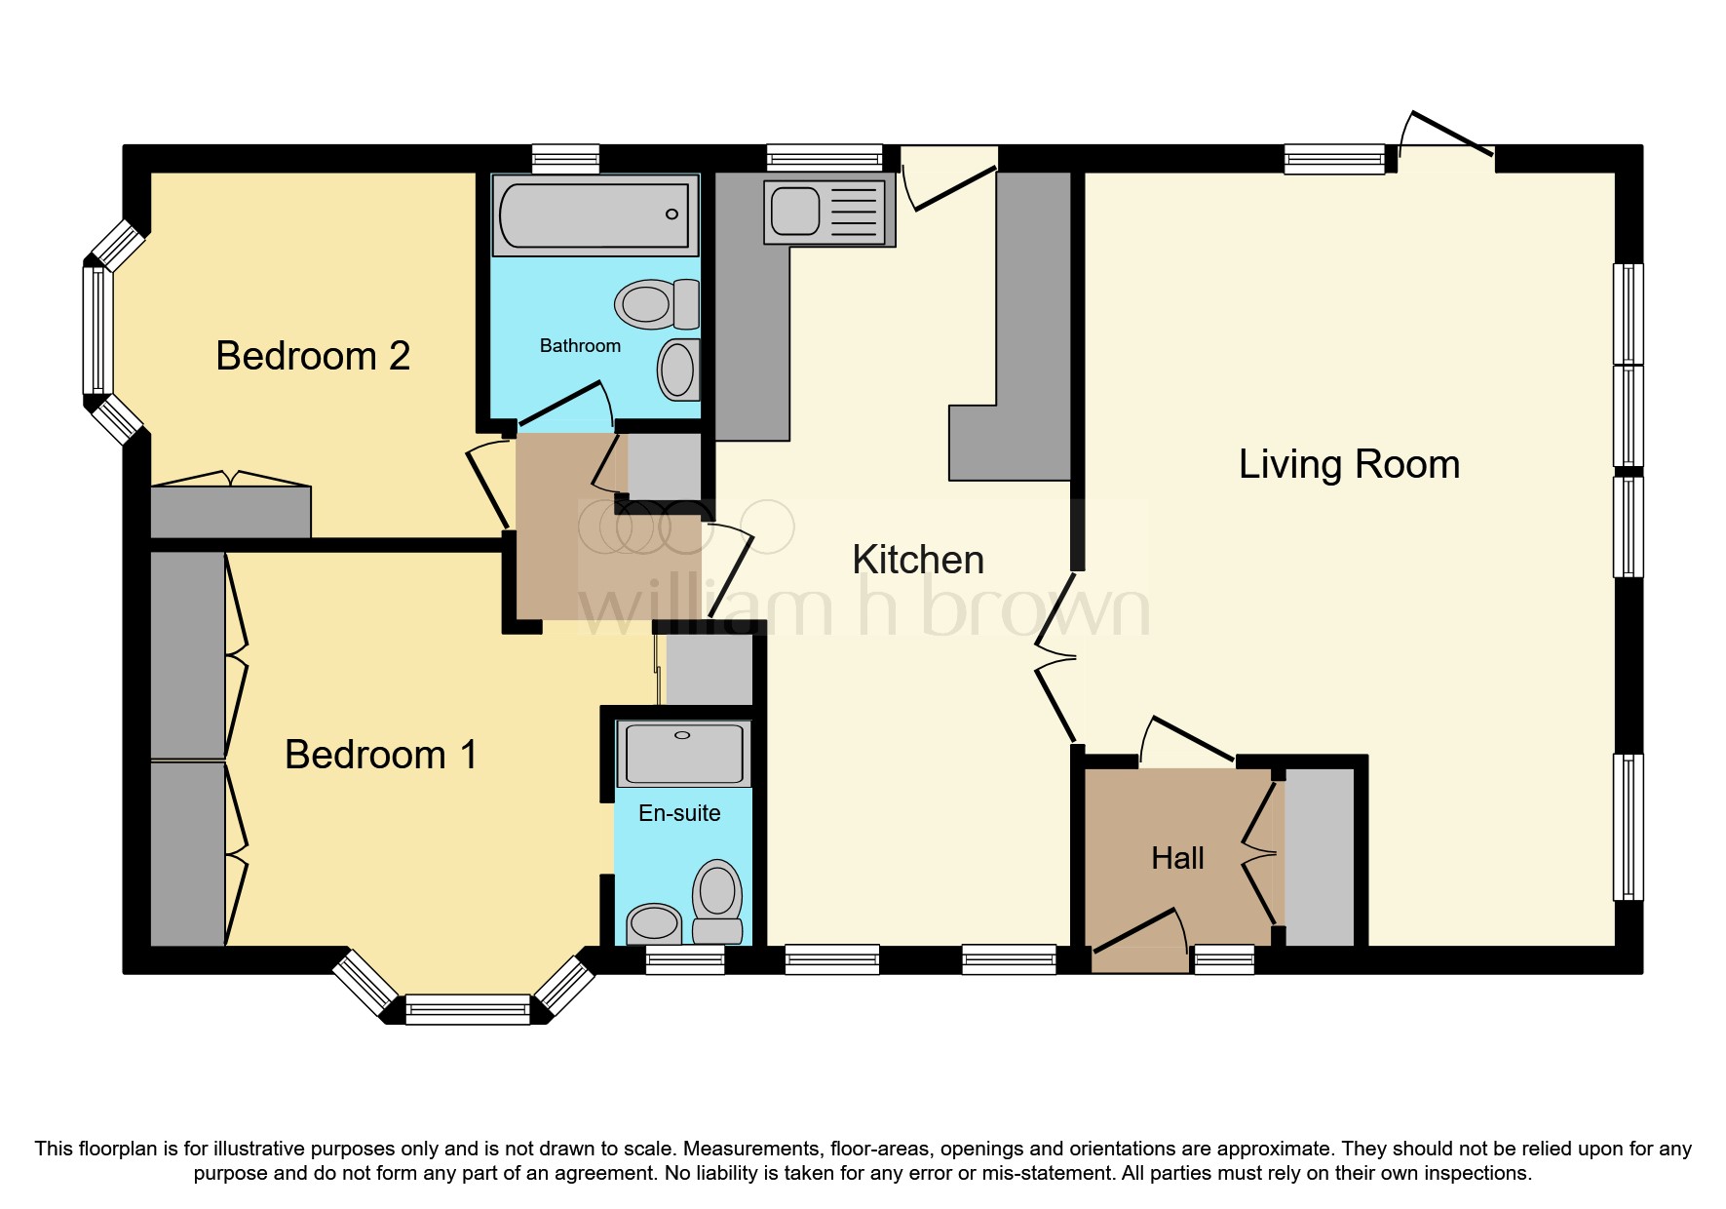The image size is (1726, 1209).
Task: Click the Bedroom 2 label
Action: point(312,356)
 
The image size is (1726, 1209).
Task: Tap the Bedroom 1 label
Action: point(380,755)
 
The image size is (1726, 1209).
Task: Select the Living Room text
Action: point(1349,464)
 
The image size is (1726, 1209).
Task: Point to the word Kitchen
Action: point(917,560)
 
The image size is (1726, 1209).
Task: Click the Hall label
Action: point(1177,858)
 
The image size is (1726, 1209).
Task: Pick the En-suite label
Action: point(679,813)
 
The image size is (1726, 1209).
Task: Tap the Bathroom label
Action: point(580,345)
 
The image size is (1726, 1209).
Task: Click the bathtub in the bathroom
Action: point(594,214)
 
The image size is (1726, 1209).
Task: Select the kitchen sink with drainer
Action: point(828,212)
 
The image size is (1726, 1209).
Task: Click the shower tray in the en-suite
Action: point(683,753)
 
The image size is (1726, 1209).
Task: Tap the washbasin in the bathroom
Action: point(678,370)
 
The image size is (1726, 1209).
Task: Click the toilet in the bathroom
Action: point(657,303)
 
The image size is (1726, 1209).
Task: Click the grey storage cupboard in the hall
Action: point(1320,857)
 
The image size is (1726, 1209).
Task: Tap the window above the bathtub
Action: point(565,159)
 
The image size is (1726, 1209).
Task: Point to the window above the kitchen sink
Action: point(824,158)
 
